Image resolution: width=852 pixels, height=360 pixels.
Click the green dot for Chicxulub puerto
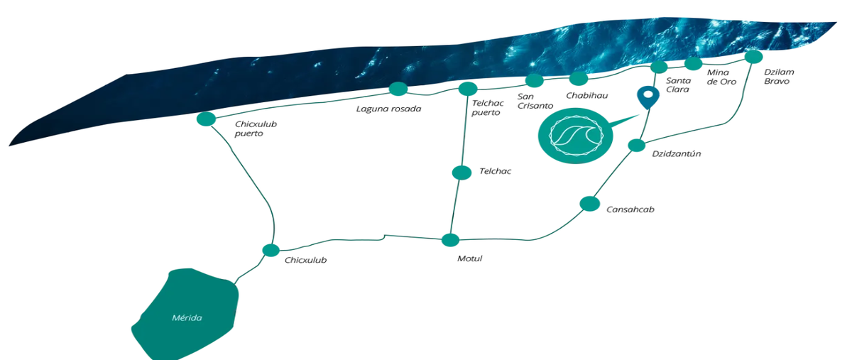(206, 119)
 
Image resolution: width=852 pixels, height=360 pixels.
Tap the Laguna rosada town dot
(398, 89)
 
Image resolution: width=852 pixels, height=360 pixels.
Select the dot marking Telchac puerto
(468, 89)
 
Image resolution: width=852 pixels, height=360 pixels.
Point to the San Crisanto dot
(535, 81)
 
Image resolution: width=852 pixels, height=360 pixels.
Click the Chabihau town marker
(579, 79)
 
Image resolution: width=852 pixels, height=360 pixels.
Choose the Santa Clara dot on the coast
(659, 67)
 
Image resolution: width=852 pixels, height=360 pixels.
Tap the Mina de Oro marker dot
(694, 64)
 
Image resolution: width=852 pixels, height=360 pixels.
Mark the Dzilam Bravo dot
(753, 57)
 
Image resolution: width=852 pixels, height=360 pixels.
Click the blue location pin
(648, 97)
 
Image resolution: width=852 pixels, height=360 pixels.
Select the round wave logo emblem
(576, 136)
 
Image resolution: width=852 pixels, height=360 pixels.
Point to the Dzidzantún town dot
(637, 145)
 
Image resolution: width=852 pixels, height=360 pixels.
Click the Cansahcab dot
(589, 204)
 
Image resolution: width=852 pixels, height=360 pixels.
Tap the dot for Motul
(450, 240)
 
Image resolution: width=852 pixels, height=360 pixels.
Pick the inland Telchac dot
(461, 173)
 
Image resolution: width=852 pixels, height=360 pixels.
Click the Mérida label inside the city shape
(187, 318)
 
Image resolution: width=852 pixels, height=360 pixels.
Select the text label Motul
(470, 258)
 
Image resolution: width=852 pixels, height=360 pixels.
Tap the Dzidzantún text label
(676, 154)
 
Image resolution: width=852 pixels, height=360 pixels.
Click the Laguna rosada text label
(389, 109)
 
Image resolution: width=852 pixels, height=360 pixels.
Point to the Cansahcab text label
(630, 209)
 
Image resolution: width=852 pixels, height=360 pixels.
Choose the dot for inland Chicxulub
(271, 251)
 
